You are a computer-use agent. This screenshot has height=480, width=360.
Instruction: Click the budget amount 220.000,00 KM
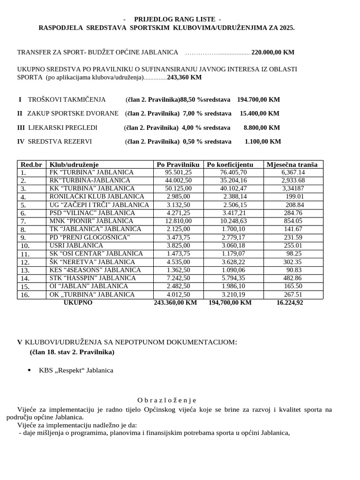click(273, 52)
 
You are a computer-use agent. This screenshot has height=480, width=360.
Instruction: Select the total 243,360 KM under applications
click(184, 77)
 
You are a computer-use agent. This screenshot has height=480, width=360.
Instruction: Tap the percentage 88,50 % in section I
click(192, 99)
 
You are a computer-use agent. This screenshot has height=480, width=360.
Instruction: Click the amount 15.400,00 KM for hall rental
click(259, 113)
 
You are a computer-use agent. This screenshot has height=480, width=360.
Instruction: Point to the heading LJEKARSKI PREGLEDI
click(63, 127)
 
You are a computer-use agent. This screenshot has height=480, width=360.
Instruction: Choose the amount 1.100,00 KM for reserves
click(262, 142)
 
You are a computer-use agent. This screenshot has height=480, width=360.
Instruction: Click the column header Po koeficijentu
click(230, 164)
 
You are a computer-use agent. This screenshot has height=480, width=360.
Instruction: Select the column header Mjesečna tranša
click(292, 164)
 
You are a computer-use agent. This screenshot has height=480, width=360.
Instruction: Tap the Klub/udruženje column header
click(74, 164)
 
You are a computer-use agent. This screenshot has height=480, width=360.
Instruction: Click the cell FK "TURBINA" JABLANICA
click(91, 172)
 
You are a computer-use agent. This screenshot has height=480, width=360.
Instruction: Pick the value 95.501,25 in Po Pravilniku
click(179, 172)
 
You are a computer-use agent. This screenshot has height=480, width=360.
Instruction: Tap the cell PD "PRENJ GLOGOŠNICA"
click(90, 237)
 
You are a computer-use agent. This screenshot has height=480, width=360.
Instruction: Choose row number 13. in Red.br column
click(25, 270)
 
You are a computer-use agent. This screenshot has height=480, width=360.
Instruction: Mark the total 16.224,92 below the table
click(290, 303)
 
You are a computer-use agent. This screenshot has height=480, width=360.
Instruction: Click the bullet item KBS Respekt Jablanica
click(76, 370)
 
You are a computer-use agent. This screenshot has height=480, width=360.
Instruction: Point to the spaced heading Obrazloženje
click(166, 400)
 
